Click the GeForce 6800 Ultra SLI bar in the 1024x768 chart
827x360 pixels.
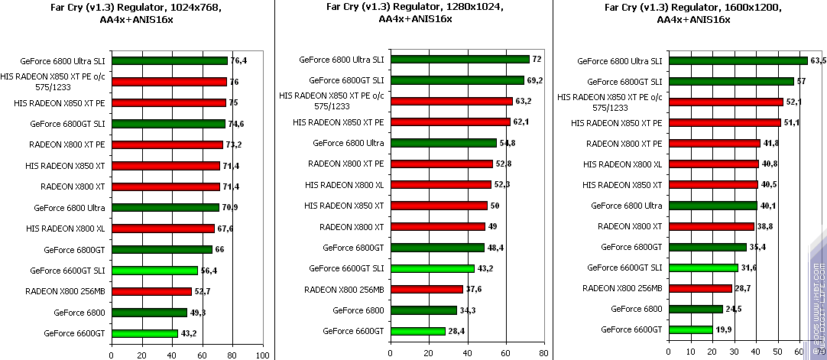[169, 60]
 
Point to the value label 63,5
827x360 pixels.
[818, 60]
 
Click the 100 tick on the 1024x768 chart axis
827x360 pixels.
[263, 355]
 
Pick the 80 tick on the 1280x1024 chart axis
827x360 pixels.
[543, 355]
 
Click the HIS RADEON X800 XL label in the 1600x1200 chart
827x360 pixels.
[622, 164]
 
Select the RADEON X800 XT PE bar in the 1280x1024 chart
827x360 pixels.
[441, 164]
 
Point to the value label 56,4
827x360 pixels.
[207, 270]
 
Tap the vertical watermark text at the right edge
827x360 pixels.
[819, 306]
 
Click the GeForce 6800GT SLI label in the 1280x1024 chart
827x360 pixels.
[346, 79]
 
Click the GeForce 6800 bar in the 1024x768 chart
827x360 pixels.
[149, 312]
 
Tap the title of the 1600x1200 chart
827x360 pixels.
[692, 14]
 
